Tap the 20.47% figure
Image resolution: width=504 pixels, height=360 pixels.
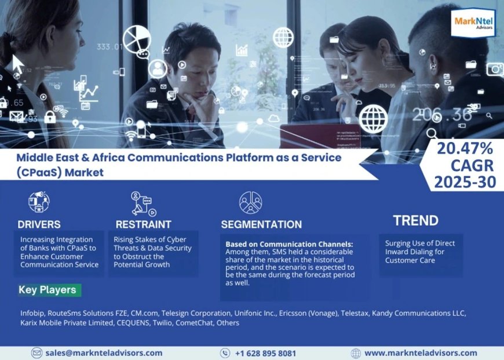(465, 148)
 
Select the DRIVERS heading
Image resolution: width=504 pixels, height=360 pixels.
(39, 224)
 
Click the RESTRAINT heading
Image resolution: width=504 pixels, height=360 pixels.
(143, 224)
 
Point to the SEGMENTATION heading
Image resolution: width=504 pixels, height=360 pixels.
(261, 225)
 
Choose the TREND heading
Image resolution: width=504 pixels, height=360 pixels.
(415, 220)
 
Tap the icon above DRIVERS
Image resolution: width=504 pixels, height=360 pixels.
(39, 202)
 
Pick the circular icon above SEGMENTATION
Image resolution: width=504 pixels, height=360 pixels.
(250, 202)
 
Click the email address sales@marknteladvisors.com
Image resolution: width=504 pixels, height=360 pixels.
(104, 353)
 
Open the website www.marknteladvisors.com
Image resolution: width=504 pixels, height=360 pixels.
(421, 353)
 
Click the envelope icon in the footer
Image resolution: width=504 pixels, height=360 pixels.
(37, 353)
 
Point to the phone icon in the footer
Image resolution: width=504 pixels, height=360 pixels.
(225, 353)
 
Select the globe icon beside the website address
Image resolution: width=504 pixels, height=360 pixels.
(356, 353)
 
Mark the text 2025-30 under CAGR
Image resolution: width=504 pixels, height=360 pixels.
(465, 182)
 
